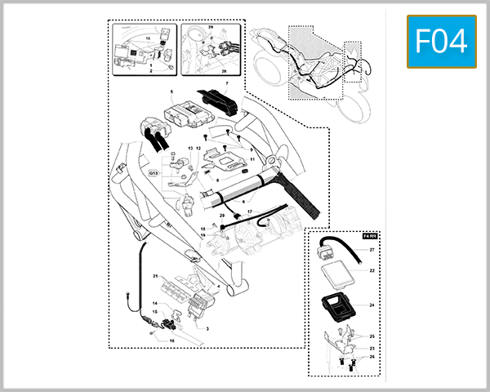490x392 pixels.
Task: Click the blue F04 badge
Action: [442, 42]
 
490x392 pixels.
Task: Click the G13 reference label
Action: [153, 173]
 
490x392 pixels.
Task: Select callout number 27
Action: [371, 250]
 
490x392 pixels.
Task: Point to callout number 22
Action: [371, 271]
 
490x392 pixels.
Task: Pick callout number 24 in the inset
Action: [371, 305]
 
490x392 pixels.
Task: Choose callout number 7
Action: [227, 83]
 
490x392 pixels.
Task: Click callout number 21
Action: [154, 277]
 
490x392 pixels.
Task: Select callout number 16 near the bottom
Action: [172, 341]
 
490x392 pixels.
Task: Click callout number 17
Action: [249, 212]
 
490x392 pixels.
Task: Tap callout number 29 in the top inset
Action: [210, 28]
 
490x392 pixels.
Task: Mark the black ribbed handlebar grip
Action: [298, 199]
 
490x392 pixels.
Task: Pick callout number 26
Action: [371, 356]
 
